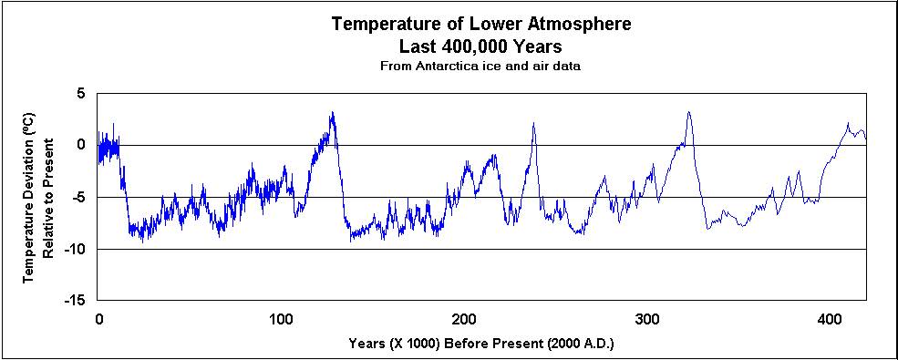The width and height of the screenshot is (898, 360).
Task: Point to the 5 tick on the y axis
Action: [80, 94]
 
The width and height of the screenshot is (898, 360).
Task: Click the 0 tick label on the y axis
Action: [80, 145]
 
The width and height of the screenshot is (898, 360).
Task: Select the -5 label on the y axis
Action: [77, 197]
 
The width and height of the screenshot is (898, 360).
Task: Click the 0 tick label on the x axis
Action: [98, 320]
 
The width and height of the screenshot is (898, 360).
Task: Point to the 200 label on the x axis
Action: [464, 320]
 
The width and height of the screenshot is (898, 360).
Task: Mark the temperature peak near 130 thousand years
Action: [333, 113]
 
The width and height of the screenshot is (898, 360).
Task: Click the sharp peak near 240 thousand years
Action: [534, 123]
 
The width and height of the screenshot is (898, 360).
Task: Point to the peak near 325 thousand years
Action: [688, 113]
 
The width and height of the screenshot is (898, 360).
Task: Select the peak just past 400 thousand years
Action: [847, 124]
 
